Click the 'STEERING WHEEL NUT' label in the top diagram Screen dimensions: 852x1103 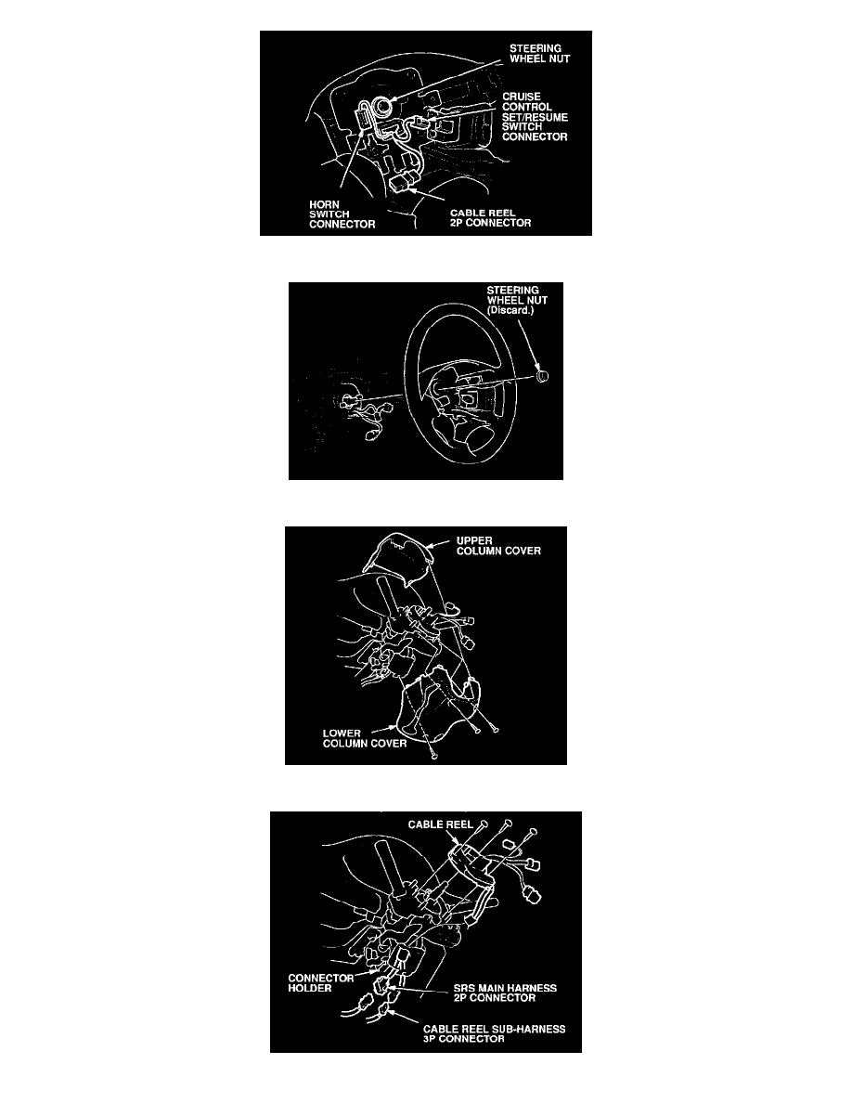coord(539,54)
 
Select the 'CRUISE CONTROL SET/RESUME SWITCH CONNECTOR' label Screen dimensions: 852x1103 coord(535,117)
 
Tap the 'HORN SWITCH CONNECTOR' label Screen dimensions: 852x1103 coord(342,214)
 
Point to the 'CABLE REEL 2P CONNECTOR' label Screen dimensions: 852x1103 coord(491,218)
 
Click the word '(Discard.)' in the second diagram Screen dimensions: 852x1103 coord(510,310)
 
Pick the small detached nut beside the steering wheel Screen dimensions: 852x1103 coord(540,376)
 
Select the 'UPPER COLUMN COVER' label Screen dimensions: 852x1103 coord(498,546)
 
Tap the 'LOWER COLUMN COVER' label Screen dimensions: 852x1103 coord(364,739)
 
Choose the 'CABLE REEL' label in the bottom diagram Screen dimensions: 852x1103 coord(441,824)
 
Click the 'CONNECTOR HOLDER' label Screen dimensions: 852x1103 coord(320,982)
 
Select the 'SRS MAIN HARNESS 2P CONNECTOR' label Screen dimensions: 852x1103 coord(505,993)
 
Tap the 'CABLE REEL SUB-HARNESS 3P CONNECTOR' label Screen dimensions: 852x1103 coord(494,1034)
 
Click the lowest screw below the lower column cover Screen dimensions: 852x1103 coord(435,756)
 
